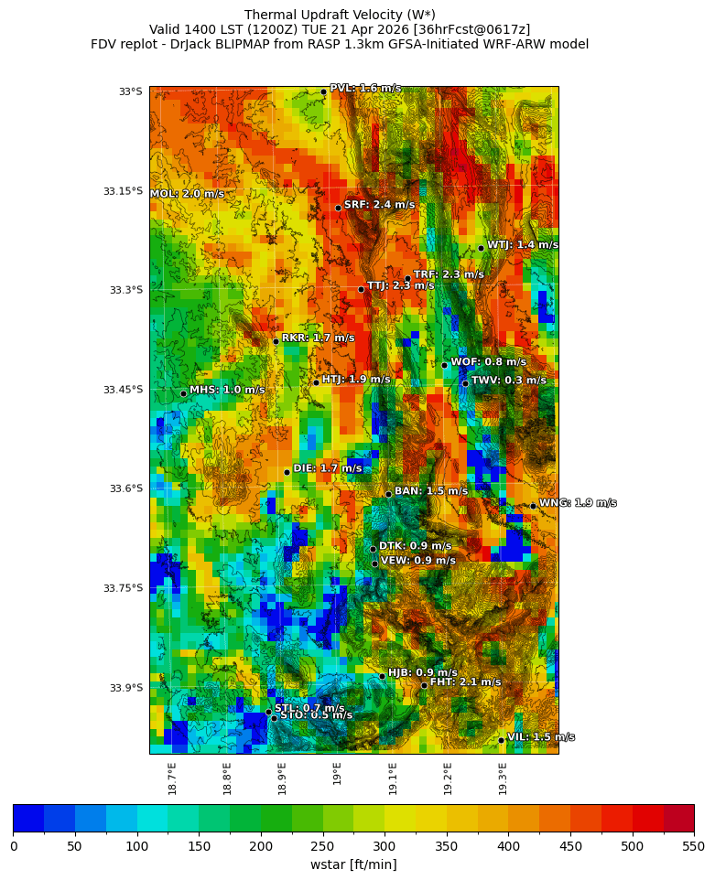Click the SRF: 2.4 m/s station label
point(379,205)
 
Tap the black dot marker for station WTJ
point(481,248)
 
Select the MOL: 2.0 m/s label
point(187,194)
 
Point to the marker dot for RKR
point(276,341)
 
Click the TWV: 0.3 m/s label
point(508,381)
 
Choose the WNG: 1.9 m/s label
point(578,503)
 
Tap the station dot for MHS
point(183,393)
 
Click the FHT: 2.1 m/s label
point(465,682)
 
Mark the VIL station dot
point(502,739)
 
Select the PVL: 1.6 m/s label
point(365,89)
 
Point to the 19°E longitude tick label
point(338,773)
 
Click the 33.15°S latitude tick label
point(123,191)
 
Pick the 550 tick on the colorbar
point(693,845)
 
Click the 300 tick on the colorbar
point(385,845)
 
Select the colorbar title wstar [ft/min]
point(353,864)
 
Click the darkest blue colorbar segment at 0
point(28,818)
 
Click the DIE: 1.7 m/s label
point(328,468)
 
